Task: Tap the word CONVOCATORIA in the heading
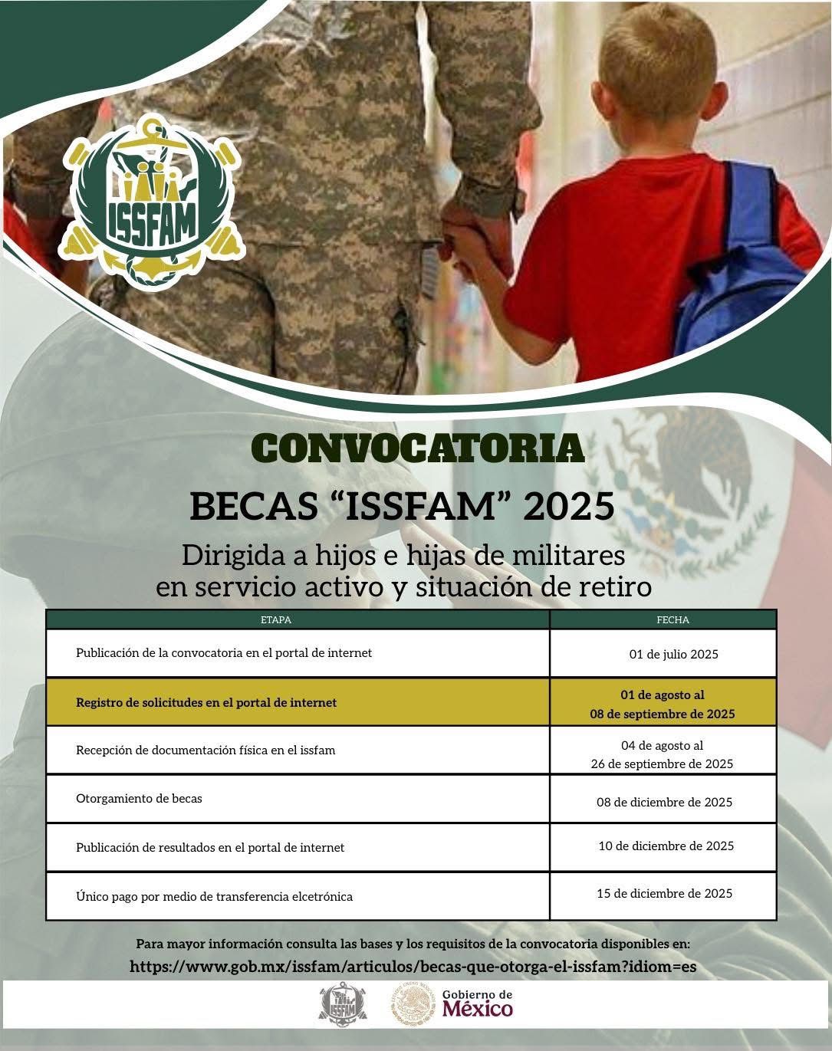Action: [x=419, y=448]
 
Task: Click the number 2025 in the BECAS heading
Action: [x=569, y=506]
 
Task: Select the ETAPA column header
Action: [x=276, y=619]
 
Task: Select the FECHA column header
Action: [x=673, y=619]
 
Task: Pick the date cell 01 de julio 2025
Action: [x=674, y=655]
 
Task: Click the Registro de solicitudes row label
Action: [x=206, y=702]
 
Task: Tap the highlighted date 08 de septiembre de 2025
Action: [x=662, y=714]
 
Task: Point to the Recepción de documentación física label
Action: [x=206, y=750]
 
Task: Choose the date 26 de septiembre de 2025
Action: [x=662, y=764]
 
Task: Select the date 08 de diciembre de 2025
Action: [x=664, y=803]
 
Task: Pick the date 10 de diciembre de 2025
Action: [x=666, y=846]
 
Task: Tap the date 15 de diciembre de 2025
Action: [x=664, y=894]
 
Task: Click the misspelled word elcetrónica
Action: [x=322, y=897]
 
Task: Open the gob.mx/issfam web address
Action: [x=413, y=967]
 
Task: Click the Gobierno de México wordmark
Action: [x=477, y=1003]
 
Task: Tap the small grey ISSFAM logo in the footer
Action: [x=343, y=1003]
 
